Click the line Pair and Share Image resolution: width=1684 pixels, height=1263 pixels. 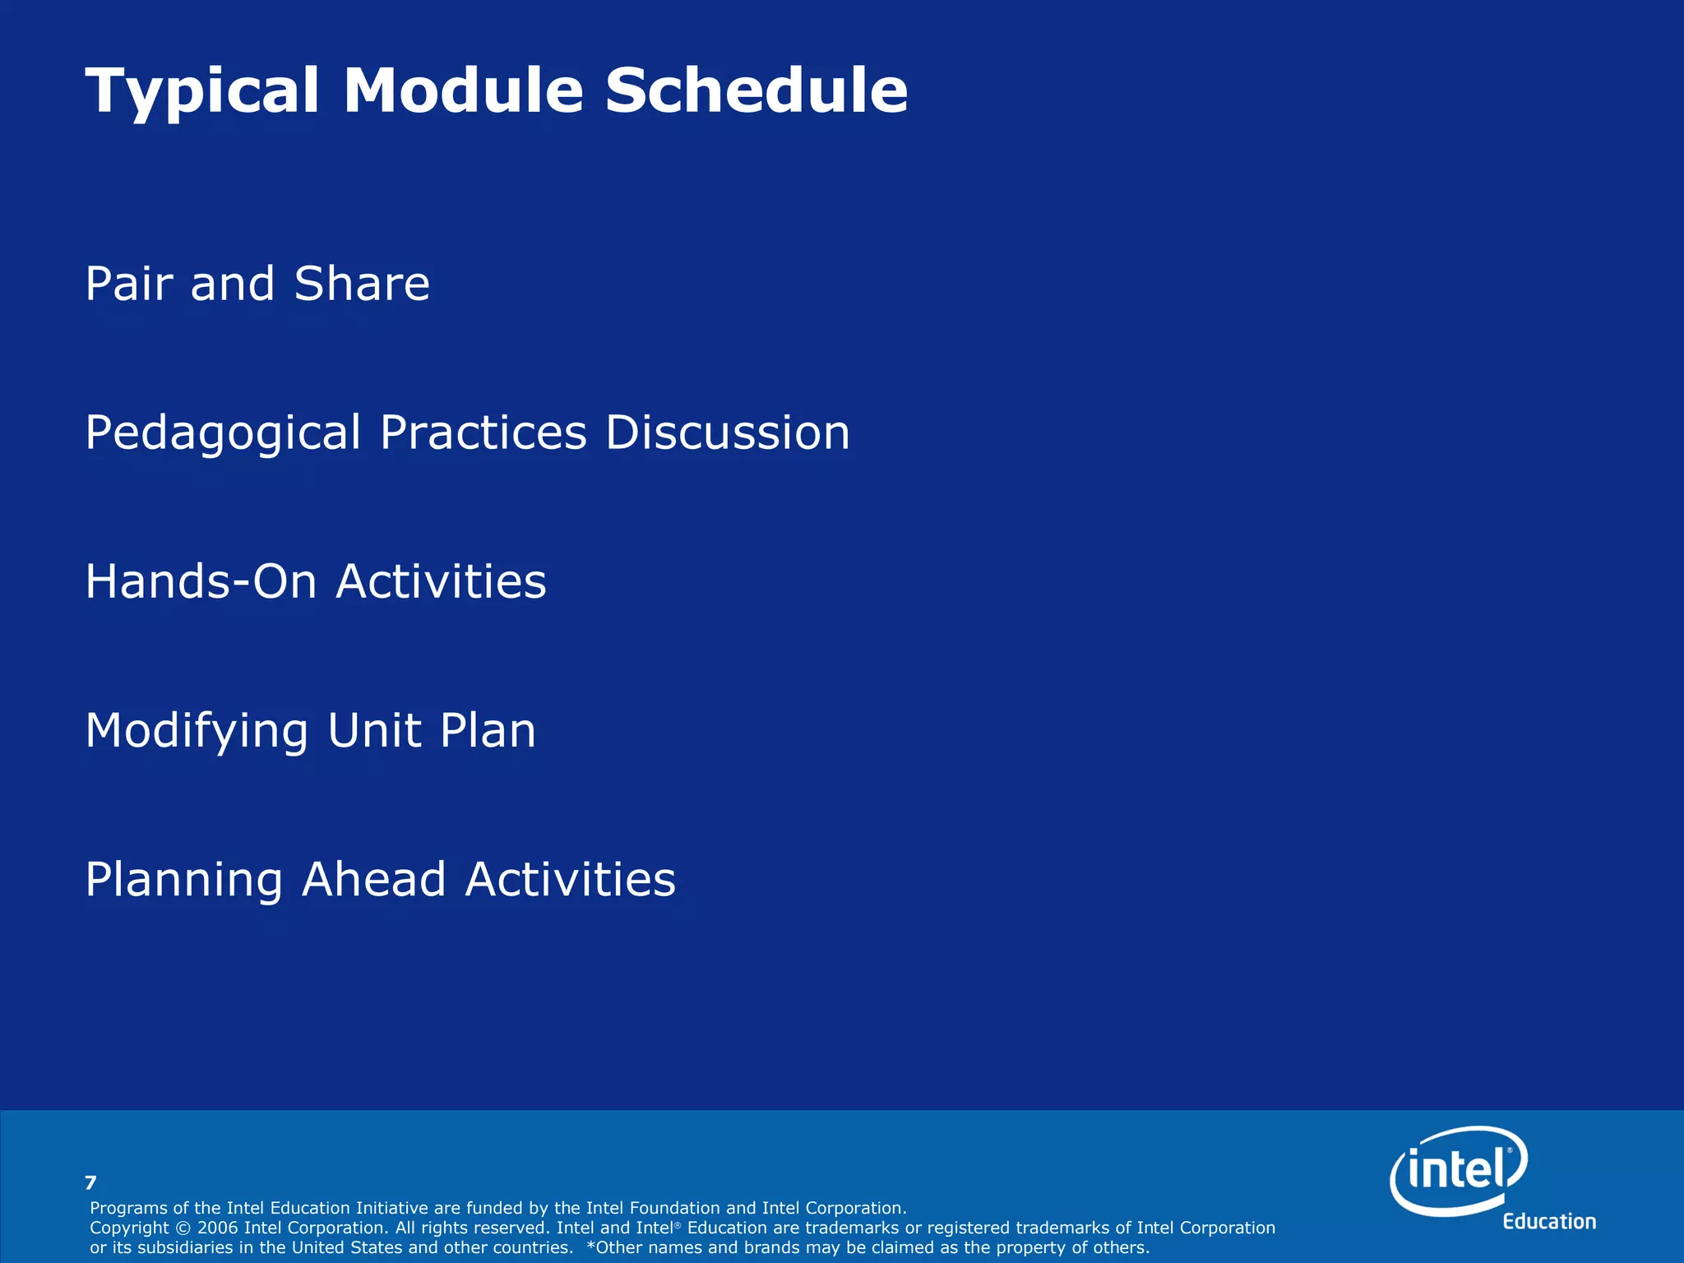coord(257,284)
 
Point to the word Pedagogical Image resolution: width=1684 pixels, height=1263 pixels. coord(223,433)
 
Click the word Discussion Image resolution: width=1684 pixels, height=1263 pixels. coord(728,433)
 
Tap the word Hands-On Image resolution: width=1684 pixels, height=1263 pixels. coord(201,581)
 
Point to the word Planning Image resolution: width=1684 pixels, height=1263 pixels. coord(184,880)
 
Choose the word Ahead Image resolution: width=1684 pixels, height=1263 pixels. coord(373,879)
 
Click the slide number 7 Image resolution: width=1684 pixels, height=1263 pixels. coord(90,1183)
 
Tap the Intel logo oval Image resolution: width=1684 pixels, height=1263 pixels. coord(1459,1169)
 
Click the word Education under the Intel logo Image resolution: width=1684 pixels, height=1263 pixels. coord(1549,1222)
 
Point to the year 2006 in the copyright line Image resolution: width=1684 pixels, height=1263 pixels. coord(218,1228)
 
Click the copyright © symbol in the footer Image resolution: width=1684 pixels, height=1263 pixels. coord(183,1228)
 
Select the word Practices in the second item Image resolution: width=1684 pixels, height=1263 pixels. coord(483,433)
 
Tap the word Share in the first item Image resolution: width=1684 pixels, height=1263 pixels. coord(362,284)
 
